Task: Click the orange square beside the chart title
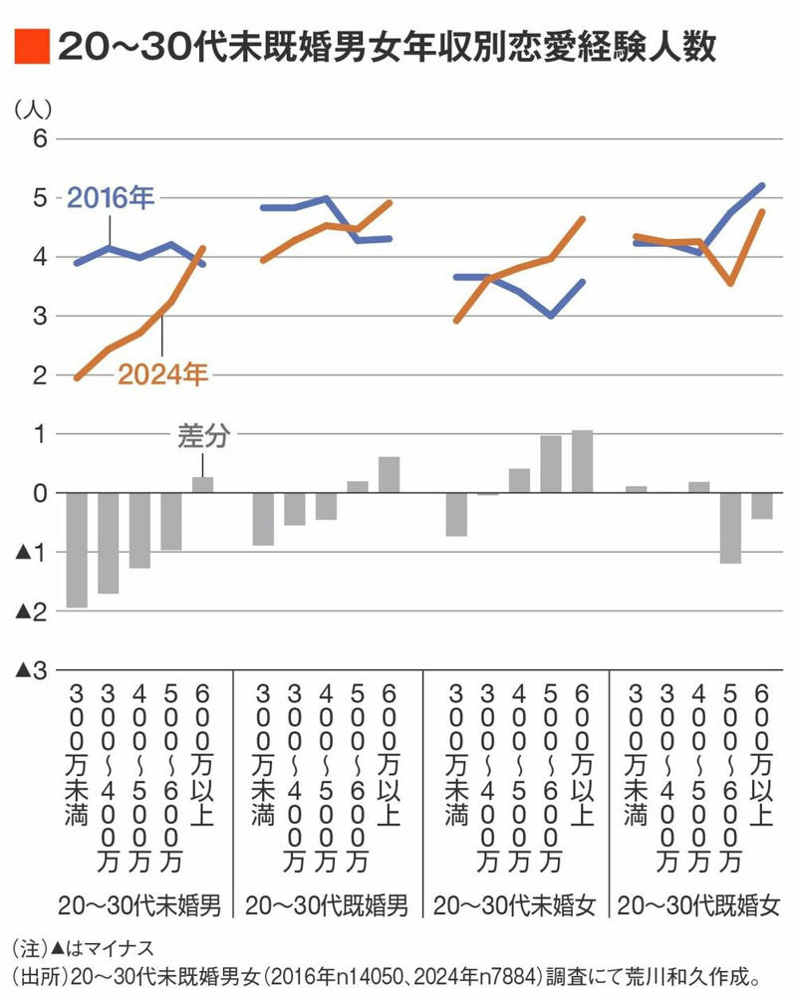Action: (32, 46)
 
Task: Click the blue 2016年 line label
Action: (111, 198)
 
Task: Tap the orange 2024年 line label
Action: (162, 375)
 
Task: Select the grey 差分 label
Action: (203, 436)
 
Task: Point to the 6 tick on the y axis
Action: (40, 138)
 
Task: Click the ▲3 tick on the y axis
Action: (31, 670)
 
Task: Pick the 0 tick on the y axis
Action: (40, 493)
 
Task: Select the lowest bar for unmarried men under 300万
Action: (77, 551)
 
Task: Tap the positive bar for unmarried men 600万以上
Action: (202, 485)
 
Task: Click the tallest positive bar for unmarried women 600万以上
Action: (582, 462)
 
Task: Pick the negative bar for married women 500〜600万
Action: (730, 528)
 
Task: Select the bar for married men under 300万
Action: (263, 519)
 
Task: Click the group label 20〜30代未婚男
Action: (138, 905)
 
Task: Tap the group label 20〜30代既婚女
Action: (699, 905)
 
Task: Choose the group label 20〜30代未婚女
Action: (515, 905)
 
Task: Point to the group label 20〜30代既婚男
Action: (326, 905)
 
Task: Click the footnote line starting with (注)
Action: (84, 948)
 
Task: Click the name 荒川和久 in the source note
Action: (644, 975)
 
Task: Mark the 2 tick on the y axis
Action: (40, 375)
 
